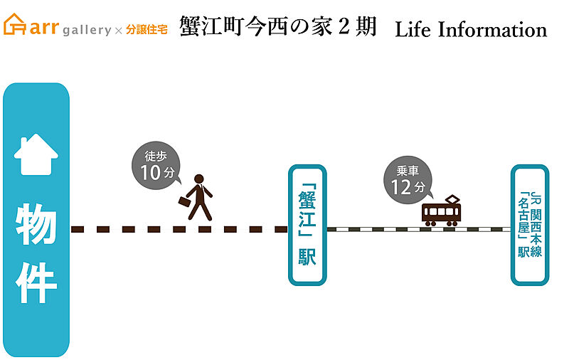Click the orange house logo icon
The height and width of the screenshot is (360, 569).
(x=15, y=24)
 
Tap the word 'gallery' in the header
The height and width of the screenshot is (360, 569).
(x=86, y=30)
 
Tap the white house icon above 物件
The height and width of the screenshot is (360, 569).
(x=36, y=156)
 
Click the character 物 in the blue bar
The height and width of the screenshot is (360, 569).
(x=36, y=226)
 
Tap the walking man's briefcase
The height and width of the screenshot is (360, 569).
(x=184, y=202)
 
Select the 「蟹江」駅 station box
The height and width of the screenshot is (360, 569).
(x=307, y=225)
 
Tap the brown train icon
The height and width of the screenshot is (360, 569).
(x=441, y=213)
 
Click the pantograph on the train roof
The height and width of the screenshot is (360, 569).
(x=452, y=199)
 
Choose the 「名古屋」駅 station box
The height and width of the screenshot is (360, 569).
(x=530, y=225)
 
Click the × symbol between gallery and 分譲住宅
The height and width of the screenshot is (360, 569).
(x=119, y=31)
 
